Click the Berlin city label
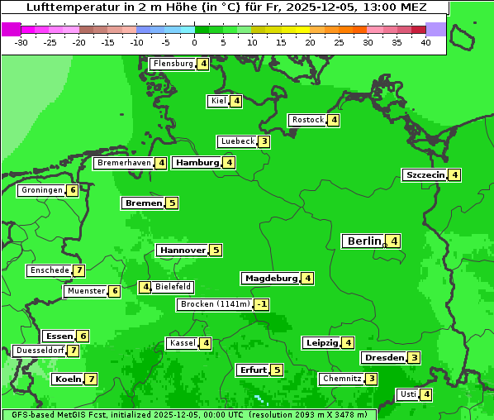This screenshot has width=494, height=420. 363,241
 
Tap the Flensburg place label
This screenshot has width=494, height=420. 173,64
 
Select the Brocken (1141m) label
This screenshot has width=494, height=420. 215,304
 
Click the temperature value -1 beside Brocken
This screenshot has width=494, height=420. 261,304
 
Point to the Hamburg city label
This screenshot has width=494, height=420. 197,163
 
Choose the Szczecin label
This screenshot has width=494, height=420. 425,174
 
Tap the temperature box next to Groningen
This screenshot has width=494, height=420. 73,190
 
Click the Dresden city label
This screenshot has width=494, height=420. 383,358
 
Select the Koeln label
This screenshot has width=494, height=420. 68,379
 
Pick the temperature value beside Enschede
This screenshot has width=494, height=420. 78,270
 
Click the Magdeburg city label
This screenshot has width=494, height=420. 270,278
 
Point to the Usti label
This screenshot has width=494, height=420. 407,394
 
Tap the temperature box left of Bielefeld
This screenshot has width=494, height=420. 145,287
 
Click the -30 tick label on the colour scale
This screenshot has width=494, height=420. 21,42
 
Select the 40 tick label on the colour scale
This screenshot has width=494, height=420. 425,42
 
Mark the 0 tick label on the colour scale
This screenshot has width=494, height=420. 195,42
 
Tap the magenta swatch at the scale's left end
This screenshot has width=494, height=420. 11,29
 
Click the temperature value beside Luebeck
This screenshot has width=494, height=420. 264,141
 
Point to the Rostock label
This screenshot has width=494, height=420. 307,120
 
